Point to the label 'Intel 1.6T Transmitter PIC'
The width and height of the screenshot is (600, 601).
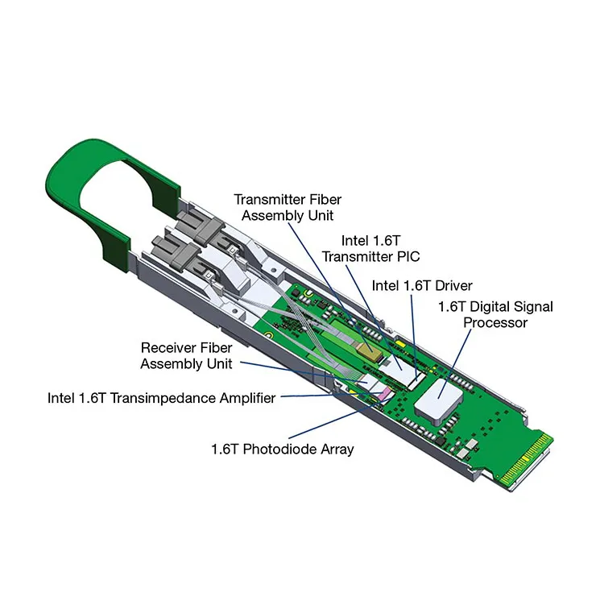tap(370, 248)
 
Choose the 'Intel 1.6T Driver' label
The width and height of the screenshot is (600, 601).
tap(421, 285)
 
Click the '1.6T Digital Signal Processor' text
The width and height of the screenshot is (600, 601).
tap(494, 314)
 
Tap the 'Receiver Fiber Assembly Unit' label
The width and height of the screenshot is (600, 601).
tap(186, 355)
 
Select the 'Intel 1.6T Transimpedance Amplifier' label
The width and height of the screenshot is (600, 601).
tap(161, 397)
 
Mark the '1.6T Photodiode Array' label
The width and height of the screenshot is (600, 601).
tap(282, 449)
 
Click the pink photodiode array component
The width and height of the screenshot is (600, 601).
tap(387, 394)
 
